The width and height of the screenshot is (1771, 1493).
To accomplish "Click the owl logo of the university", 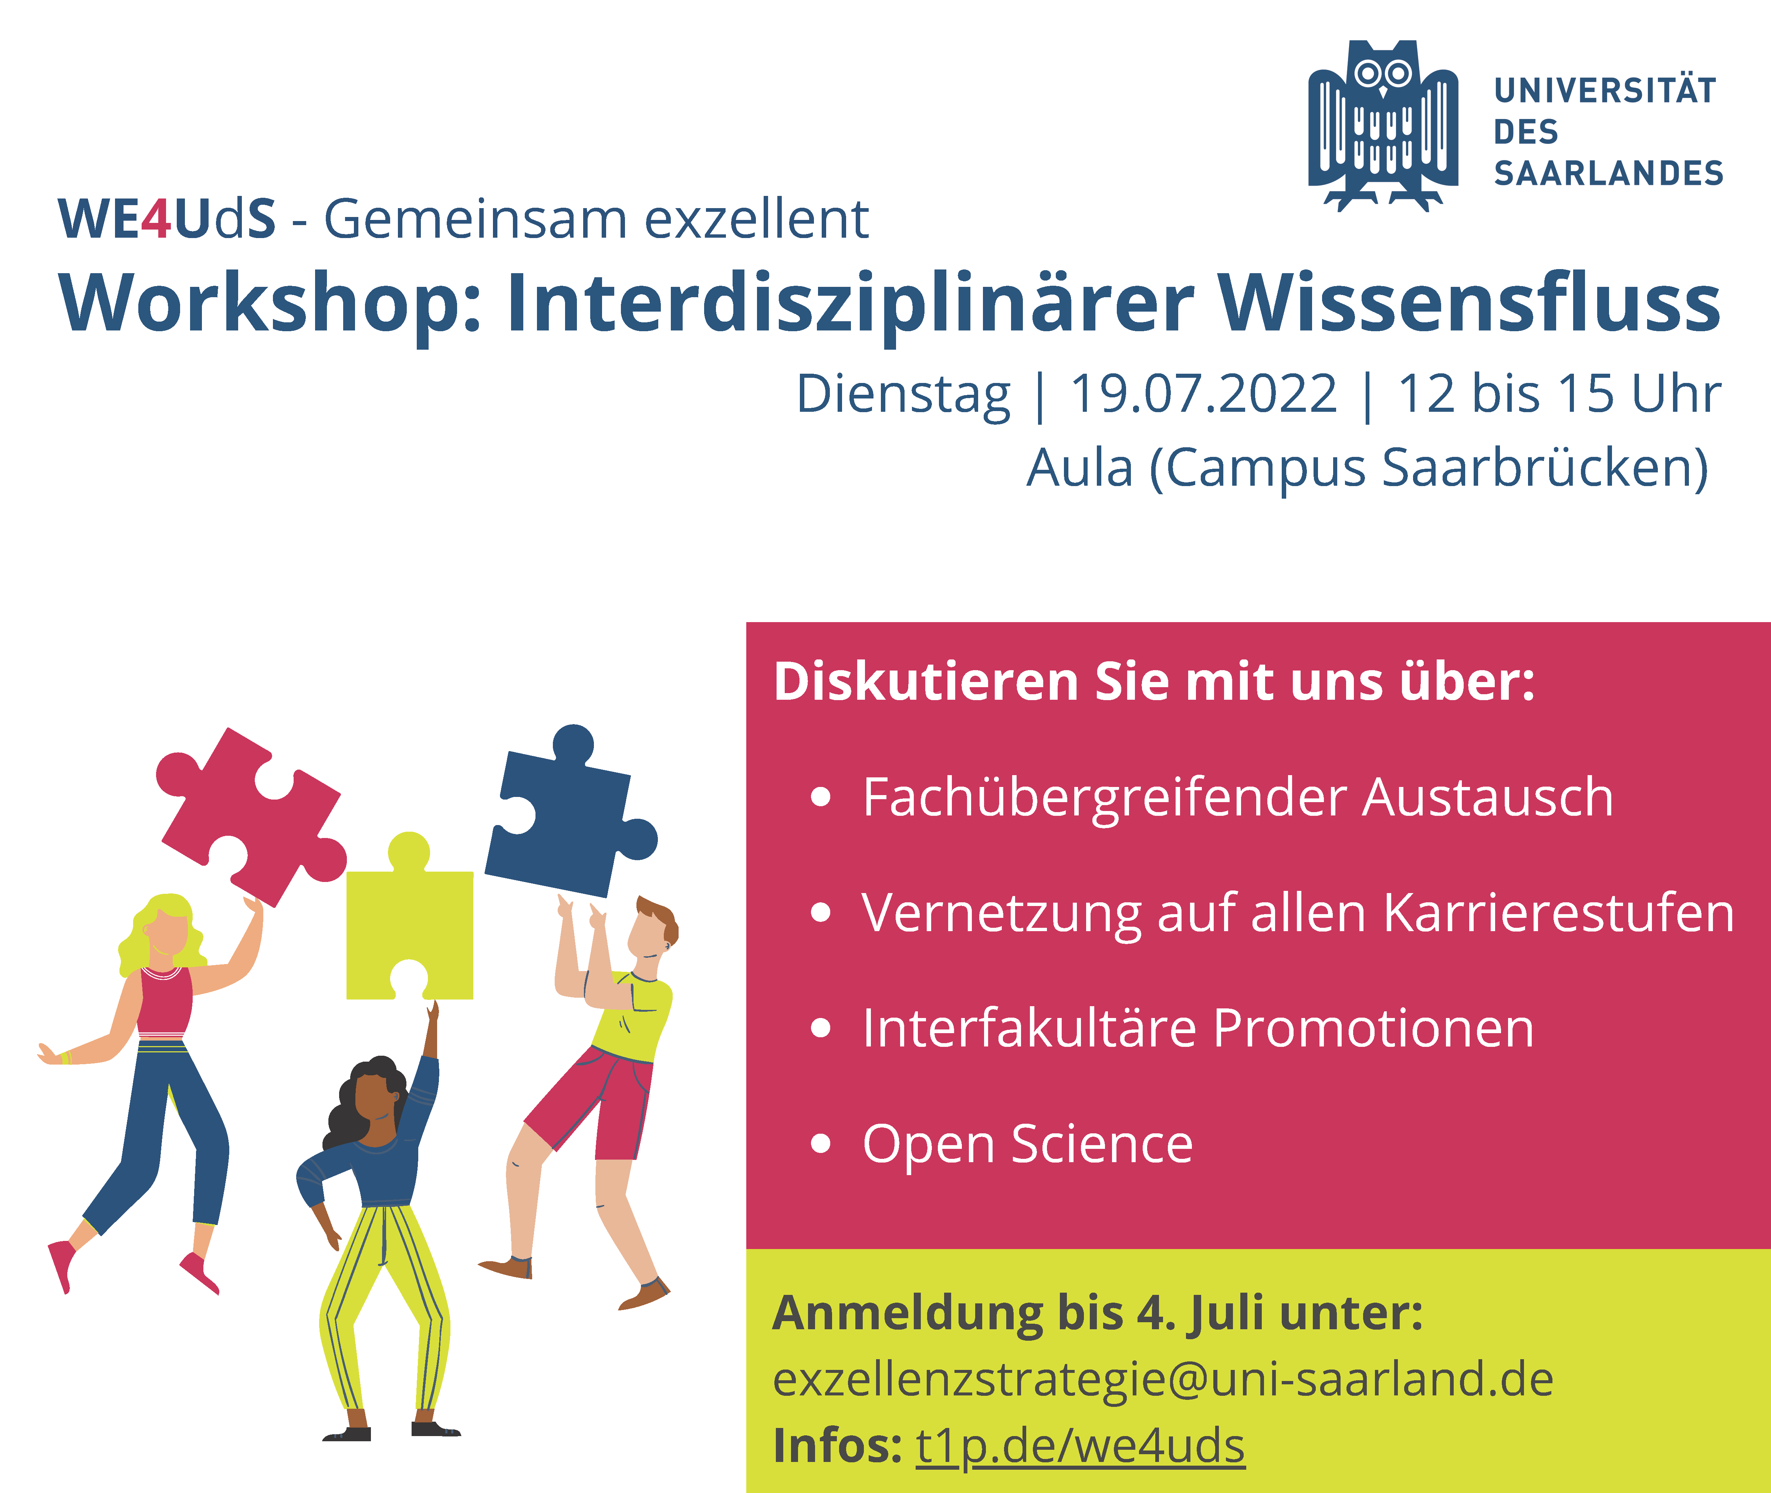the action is (1383, 125).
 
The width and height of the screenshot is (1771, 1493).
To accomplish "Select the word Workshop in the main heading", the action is (263, 305).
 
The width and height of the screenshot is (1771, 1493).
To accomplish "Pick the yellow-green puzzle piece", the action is (410, 918).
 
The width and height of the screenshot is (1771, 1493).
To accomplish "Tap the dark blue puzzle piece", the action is (569, 812).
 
